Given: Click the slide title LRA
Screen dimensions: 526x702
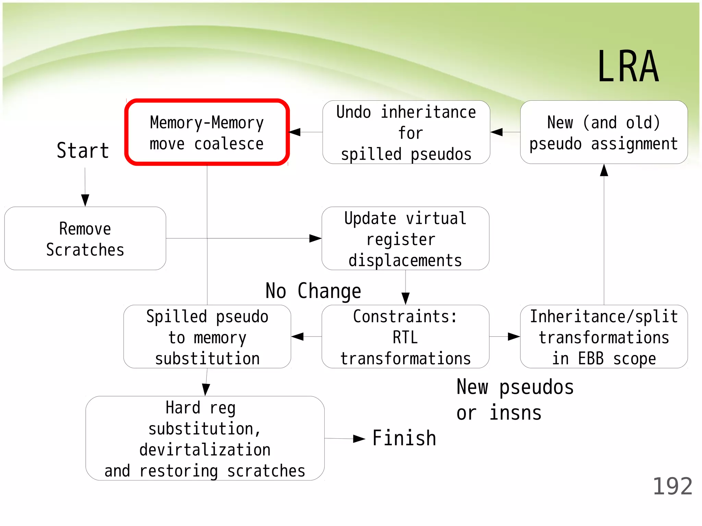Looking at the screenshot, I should [628, 67].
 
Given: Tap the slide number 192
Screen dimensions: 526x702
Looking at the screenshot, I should [672, 486].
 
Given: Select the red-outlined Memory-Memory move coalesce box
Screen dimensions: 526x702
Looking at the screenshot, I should [207, 133].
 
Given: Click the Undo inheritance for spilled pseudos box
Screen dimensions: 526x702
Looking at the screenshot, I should [406, 133].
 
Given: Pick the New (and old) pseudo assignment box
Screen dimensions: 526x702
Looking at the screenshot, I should [604, 133].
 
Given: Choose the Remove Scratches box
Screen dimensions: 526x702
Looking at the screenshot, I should [85, 239].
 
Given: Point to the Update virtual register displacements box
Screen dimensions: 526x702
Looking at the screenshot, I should [406, 239].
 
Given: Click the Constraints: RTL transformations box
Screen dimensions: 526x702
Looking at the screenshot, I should [406, 337].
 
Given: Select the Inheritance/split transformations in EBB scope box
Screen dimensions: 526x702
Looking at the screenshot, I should [604, 337].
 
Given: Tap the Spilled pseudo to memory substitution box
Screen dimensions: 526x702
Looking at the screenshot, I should [207, 337].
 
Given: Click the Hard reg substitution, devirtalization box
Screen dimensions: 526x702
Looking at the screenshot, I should [205, 439].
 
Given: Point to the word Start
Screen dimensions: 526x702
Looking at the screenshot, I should [83, 151].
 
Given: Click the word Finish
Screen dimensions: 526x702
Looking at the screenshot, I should [404, 438].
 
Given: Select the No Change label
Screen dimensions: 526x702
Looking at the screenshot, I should [313, 291].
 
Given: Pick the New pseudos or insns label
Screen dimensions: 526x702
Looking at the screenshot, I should [515, 400].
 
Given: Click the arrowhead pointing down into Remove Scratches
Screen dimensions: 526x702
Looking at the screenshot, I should [85, 200].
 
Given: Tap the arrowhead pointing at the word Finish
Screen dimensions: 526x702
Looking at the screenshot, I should [359, 439].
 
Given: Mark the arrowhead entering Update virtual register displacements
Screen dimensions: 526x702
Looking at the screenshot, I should [315, 238].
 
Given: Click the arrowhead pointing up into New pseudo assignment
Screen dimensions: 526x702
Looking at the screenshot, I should [604, 170].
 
